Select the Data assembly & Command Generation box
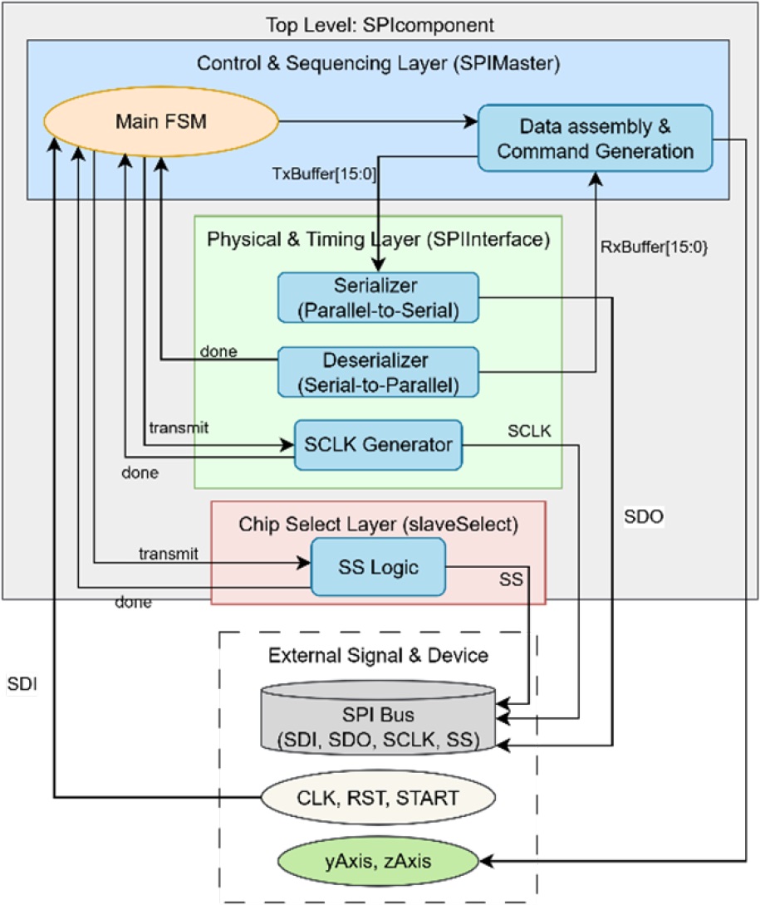[594, 138]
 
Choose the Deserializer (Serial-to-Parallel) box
[378, 370]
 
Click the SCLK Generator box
[379, 444]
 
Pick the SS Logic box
[378, 567]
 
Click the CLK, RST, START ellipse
[378, 799]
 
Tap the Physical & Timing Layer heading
[378, 240]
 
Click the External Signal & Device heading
[378, 656]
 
